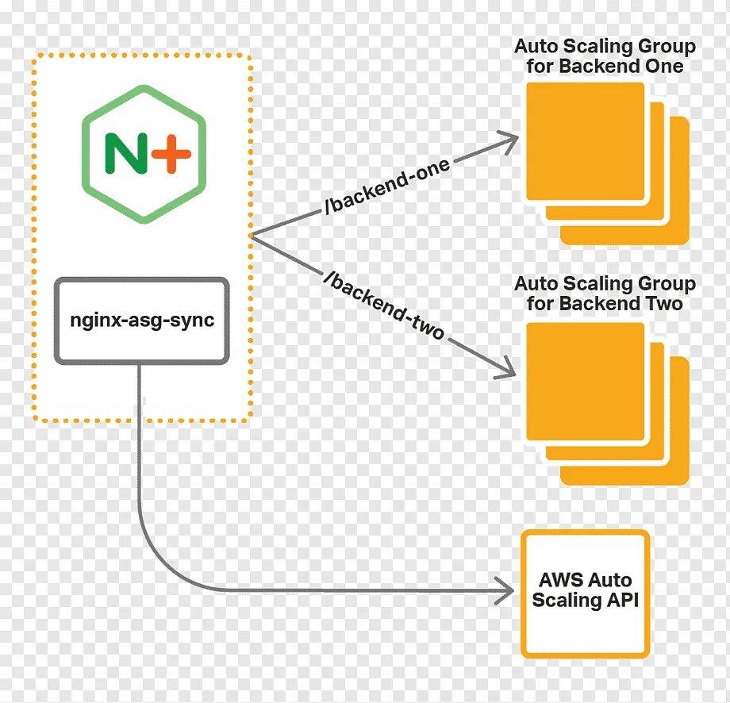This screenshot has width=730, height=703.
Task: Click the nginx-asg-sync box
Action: [141, 321]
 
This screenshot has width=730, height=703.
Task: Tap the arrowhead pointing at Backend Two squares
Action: [508, 370]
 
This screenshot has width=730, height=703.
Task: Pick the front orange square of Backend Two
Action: [586, 381]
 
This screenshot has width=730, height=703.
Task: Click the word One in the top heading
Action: [663, 66]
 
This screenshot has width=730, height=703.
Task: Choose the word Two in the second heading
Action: [662, 303]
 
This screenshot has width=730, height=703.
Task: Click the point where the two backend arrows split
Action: [251, 236]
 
